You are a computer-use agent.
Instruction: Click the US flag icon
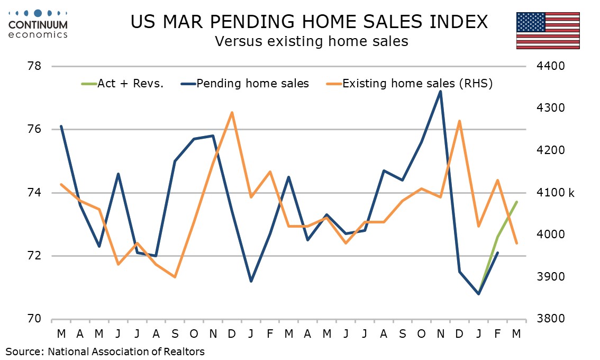(548, 30)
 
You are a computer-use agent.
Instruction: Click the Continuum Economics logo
(38, 23)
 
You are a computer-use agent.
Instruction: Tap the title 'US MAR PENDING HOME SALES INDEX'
(309, 22)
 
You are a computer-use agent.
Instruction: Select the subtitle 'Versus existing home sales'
(311, 41)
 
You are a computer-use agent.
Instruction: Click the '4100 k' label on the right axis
(556, 193)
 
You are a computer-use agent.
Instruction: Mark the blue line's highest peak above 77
(440, 92)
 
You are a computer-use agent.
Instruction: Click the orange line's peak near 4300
(232, 112)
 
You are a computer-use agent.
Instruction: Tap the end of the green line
(516, 202)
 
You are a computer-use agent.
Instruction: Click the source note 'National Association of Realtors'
(126, 351)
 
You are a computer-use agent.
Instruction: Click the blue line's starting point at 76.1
(61, 127)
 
